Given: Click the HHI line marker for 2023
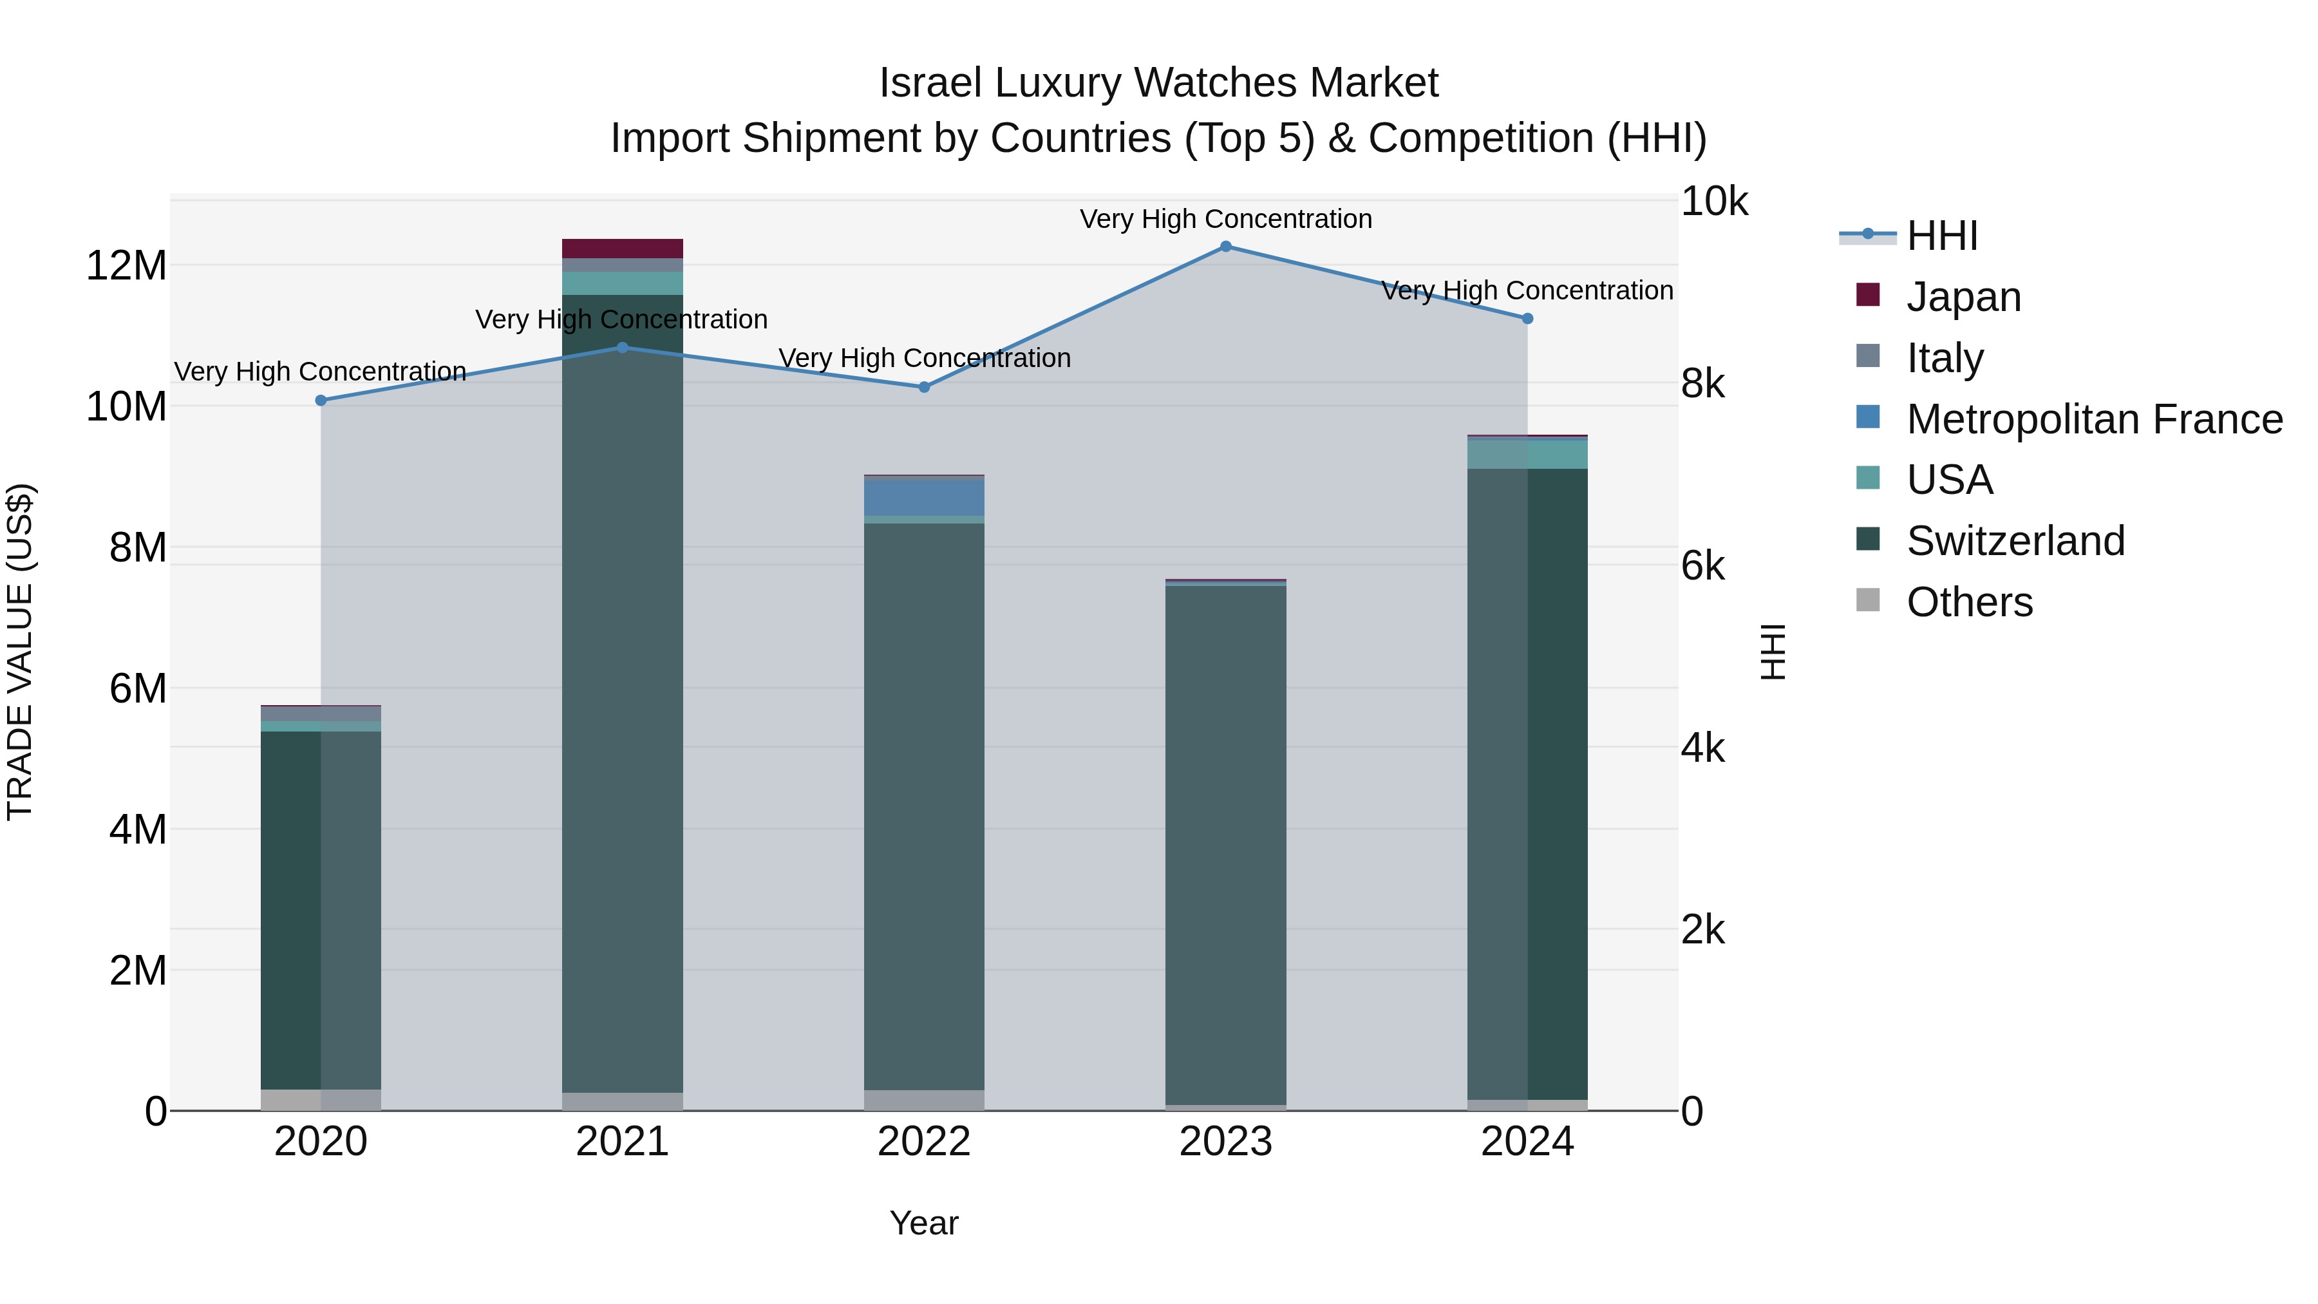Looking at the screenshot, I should pos(1225,247).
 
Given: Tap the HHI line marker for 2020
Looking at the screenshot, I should pos(321,401).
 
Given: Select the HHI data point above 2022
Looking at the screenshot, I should pos(924,387).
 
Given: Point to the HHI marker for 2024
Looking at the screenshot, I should pos(1527,319).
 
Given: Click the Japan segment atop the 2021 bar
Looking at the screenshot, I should pos(622,249).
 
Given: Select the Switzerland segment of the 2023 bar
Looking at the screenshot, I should pos(1225,846).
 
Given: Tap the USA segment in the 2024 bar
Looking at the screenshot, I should pos(1527,455).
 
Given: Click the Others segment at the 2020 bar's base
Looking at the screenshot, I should pos(321,1100).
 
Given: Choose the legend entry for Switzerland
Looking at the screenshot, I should pos(2015,541).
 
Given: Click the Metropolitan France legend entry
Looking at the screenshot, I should pos(2094,419).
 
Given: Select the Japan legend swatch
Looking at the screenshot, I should pos(1868,295).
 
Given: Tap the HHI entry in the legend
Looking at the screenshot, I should pos(1942,236).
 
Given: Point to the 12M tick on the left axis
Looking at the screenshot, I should pos(126,265).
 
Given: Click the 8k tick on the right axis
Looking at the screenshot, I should pos(1702,384).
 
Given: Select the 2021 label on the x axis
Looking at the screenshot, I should pos(622,1142).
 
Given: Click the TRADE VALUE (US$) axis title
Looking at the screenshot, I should pos(20,652).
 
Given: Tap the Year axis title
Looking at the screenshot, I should pos(924,1223).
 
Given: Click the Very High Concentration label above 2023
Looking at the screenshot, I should pos(1225,219).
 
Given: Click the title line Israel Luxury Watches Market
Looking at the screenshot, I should pos(1158,83).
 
